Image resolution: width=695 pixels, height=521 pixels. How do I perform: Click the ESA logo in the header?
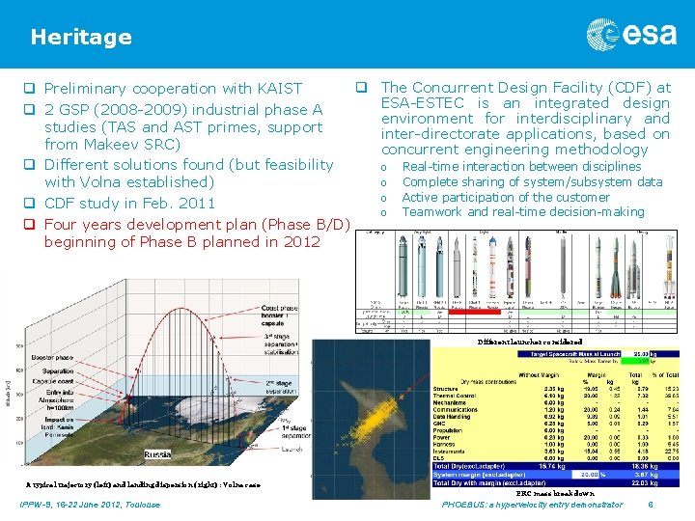(x=631, y=36)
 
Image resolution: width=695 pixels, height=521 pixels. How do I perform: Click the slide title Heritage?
(x=81, y=38)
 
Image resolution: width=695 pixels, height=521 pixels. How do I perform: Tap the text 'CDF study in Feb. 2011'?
(x=130, y=204)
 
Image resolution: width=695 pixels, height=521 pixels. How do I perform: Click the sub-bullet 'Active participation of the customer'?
(x=506, y=197)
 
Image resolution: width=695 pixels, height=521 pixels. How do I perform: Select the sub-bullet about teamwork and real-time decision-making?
(x=522, y=212)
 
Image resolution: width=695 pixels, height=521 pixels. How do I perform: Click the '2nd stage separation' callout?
(x=283, y=386)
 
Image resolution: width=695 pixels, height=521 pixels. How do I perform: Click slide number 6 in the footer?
(x=652, y=505)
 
